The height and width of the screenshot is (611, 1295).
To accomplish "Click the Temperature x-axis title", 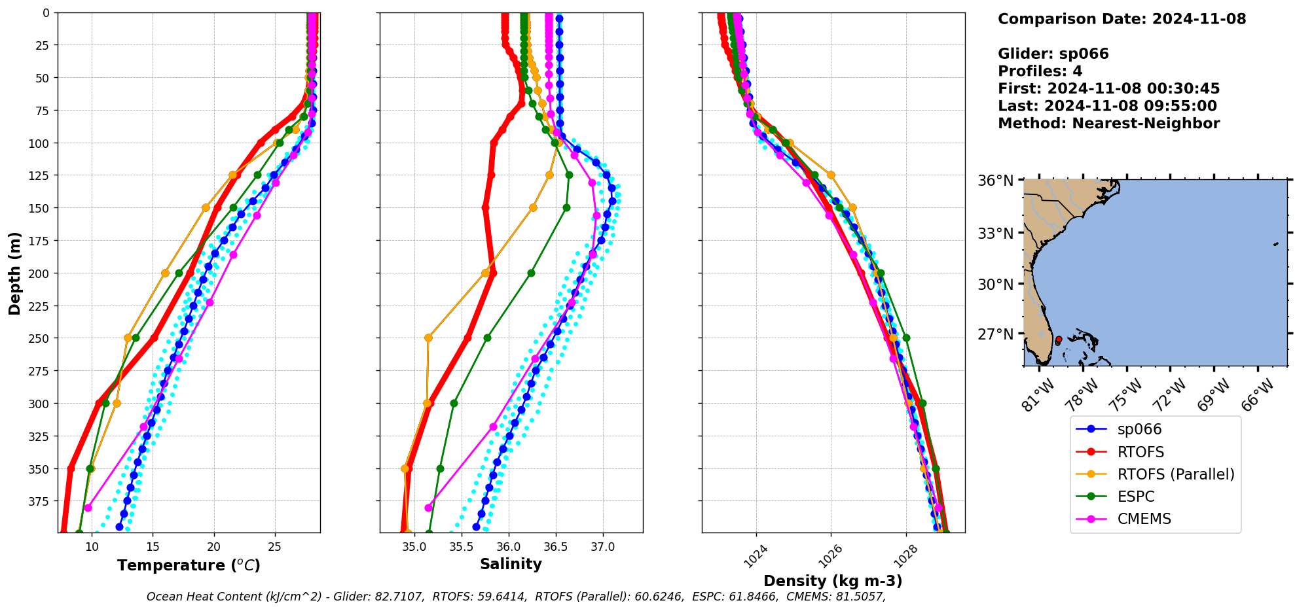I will (189, 565).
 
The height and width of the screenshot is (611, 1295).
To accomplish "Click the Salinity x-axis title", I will (511, 565).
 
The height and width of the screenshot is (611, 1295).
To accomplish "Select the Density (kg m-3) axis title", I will (833, 581).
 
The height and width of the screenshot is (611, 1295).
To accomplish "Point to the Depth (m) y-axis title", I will (14, 273).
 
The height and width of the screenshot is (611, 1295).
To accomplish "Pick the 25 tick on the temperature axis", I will (275, 547).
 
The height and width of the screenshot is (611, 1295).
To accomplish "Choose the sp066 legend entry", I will (1139, 430).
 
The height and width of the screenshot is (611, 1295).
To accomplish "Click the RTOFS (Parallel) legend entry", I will (1175, 474).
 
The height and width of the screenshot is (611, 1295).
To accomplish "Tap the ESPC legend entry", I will (1136, 497).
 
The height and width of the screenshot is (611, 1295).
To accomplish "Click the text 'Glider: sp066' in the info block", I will (1053, 54).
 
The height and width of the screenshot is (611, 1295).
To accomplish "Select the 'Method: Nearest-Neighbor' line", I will (1108, 124).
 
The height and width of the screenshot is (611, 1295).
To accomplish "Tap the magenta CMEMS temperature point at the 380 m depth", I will (88, 508).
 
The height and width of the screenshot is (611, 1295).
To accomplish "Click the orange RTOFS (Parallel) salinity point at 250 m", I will (428, 338).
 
